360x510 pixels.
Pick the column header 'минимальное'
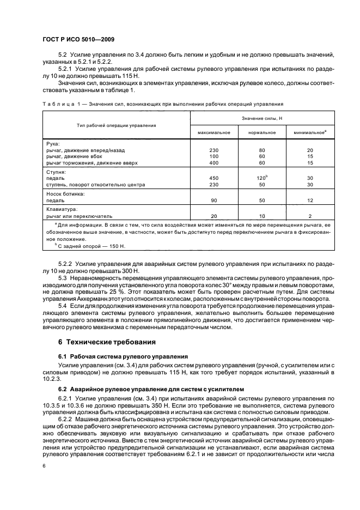[309, 132]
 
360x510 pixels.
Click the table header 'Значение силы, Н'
[263, 118]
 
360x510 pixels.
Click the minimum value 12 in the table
[309, 200]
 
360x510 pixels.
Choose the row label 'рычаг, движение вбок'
[75, 156]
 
